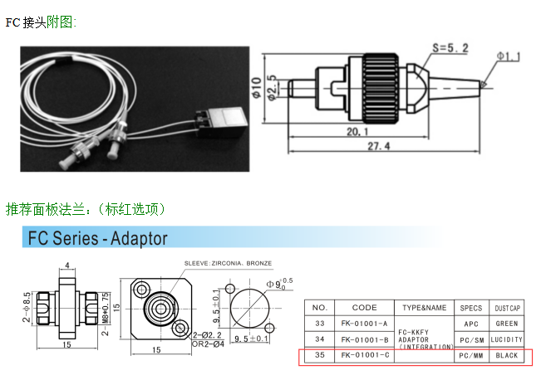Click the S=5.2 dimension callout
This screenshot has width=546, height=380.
(x=453, y=47)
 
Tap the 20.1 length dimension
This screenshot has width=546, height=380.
(x=357, y=131)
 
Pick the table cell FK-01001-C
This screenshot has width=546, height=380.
(x=364, y=355)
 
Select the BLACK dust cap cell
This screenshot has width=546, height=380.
(x=506, y=355)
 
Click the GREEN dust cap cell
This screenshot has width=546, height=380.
(x=506, y=324)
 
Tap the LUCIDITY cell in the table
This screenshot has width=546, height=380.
(x=506, y=339)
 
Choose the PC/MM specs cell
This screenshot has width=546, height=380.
(x=471, y=355)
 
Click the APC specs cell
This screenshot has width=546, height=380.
(x=471, y=324)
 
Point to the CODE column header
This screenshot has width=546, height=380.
(x=364, y=308)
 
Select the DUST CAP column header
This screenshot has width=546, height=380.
(x=506, y=308)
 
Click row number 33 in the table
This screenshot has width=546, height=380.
(x=319, y=324)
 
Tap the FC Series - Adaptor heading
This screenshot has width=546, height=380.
(x=98, y=239)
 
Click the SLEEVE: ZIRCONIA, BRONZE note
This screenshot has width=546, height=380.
(x=227, y=263)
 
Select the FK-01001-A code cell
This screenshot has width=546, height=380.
(x=364, y=324)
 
